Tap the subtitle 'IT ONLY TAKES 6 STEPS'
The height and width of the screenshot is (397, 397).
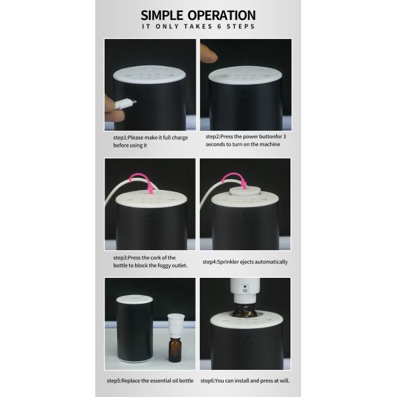coord(198,27)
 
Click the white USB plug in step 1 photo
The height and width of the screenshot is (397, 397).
coord(124,103)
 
